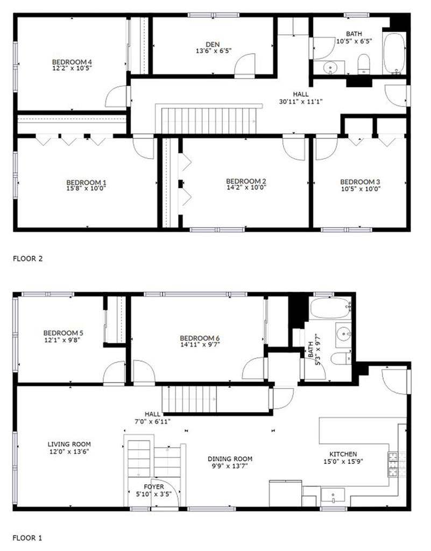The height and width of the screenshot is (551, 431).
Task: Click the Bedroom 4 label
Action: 72,61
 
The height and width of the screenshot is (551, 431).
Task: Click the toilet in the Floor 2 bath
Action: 364,64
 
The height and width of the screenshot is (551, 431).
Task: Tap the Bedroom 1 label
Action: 82,181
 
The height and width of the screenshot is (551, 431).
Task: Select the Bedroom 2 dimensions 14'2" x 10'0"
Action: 246,188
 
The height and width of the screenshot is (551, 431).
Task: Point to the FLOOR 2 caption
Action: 27,258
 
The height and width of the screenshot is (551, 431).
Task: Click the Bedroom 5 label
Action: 63,333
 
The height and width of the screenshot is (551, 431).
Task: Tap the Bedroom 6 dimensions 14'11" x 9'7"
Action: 200,345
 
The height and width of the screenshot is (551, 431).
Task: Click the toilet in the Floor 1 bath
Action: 341,359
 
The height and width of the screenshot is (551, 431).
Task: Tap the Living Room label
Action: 69,444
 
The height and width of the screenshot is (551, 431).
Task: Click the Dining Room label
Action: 230,459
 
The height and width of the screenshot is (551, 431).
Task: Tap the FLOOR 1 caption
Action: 27,538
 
